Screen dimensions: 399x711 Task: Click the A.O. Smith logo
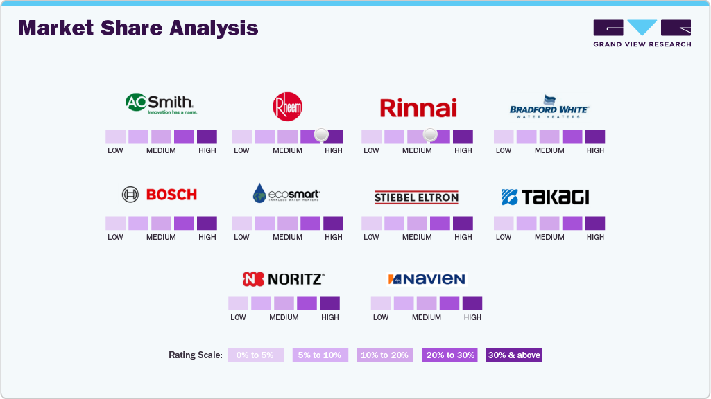pos(161,104)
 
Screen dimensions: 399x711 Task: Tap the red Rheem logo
pos(287,107)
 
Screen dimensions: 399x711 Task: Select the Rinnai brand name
pos(418,108)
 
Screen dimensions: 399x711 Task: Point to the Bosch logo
pos(160,195)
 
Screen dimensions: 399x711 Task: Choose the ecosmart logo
pos(286,194)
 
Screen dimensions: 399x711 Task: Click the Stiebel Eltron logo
pos(416,197)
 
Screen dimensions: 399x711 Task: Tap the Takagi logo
pos(545,197)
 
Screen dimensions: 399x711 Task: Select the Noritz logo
pos(283,279)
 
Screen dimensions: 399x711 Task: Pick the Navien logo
pos(426,279)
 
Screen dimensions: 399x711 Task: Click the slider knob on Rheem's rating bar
pos(321,134)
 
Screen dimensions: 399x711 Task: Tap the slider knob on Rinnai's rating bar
pos(430,134)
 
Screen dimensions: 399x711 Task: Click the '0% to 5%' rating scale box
pos(255,355)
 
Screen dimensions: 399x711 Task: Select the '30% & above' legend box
pos(514,355)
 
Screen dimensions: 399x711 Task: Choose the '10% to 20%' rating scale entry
pos(385,355)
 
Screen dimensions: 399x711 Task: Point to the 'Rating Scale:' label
pos(196,355)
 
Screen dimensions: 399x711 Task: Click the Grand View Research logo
pos(642,33)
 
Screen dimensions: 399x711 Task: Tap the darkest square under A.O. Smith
pos(207,136)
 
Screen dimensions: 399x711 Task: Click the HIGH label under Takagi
pos(595,237)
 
